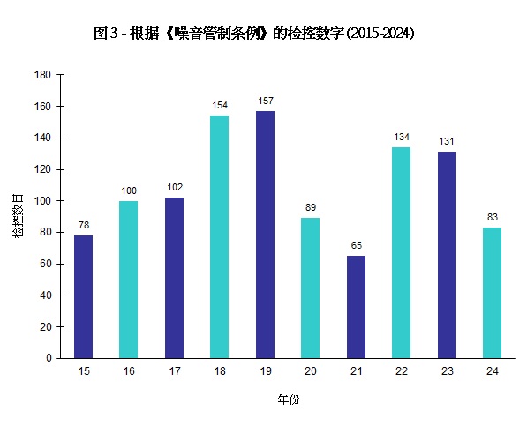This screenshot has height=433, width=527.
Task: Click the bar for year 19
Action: point(265,235)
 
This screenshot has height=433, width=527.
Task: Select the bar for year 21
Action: point(356,307)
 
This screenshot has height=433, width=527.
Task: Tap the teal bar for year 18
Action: point(220,236)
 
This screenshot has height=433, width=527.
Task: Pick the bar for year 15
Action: point(84,296)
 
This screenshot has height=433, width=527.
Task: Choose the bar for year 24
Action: point(492,293)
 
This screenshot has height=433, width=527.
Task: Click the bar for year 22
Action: point(401,252)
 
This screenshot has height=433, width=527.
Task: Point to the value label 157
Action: point(265,101)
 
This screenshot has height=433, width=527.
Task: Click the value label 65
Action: point(356,246)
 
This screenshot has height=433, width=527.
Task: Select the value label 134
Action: point(401,138)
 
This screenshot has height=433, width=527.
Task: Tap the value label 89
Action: point(311,208)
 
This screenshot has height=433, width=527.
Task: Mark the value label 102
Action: point(174,188)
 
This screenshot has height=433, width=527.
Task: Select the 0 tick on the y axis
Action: point(49,358)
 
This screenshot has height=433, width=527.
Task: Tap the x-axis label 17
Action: point(174,372)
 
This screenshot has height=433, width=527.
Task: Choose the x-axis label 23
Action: point(447,372)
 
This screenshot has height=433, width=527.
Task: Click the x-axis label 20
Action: point(311,372)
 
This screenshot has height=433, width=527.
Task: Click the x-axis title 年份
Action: point(289,399)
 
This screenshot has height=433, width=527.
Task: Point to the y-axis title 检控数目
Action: point(19,216)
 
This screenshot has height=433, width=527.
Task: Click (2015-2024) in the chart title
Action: point(380,34)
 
